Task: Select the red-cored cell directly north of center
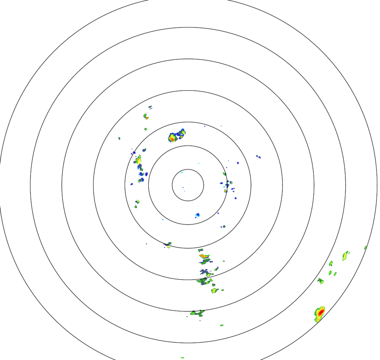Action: (172, 138)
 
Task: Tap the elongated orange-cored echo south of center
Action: (204, 256)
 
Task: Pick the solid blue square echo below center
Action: (198, 215)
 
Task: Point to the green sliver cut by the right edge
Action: (365, 248)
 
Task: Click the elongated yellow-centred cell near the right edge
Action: (345, 255)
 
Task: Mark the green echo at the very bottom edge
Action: (182, 357)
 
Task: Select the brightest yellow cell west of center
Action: (138, 161)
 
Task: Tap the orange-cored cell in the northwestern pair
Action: (147, 118)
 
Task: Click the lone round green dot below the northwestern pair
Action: (146, 129)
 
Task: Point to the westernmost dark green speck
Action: (119, 138)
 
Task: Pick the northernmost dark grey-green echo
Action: (150, 107)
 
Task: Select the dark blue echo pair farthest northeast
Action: (259, 157)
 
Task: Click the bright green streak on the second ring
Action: (224, 174)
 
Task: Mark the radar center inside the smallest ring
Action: (188, 185)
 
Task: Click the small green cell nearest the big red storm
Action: (321, 281)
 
